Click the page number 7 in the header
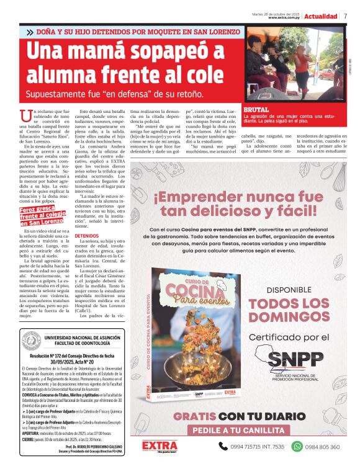tap(345, 16)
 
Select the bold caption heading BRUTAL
tap(256, 109)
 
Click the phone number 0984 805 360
tap(322, 447)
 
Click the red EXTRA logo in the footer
tap(160, 446)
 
